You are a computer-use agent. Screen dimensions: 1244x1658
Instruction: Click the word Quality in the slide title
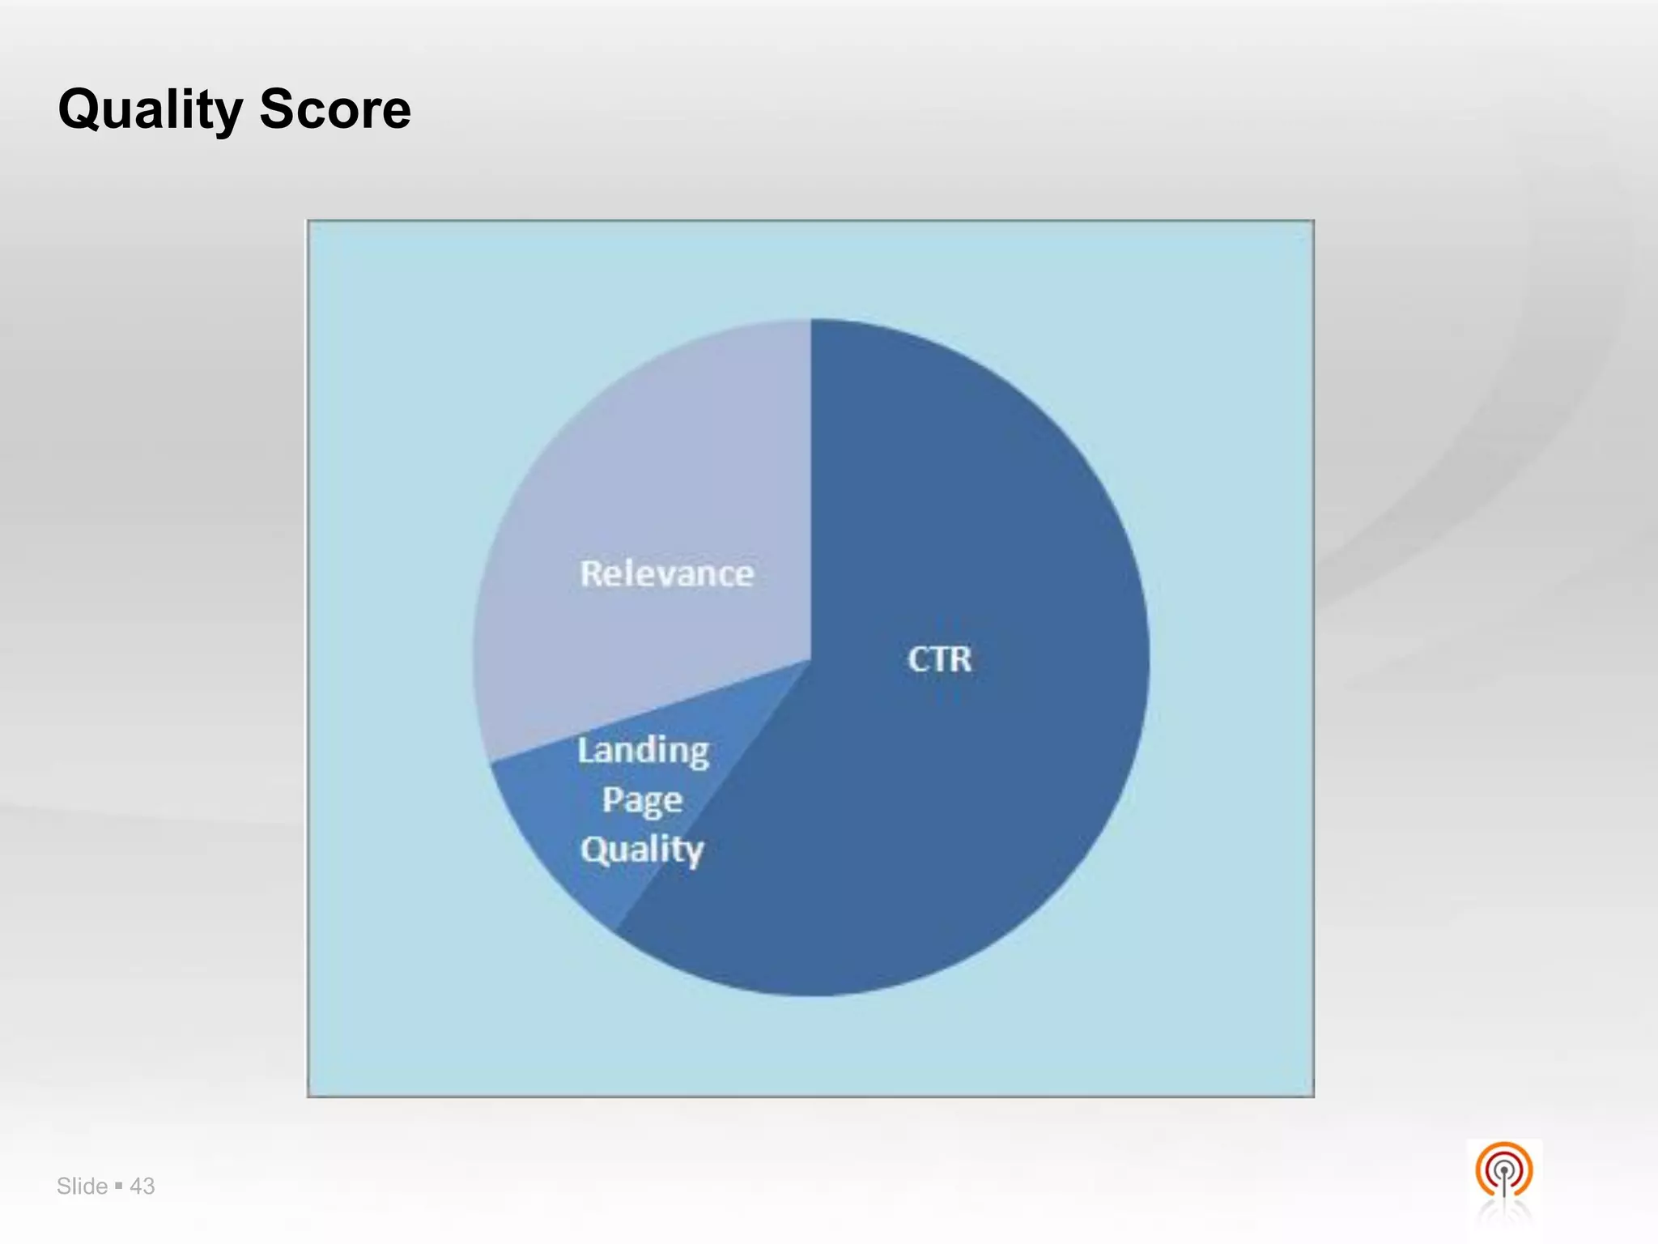pos(150,110)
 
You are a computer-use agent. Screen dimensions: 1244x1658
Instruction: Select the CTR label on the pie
pos(939,659)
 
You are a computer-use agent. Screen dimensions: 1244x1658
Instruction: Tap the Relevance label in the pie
pos(667,574)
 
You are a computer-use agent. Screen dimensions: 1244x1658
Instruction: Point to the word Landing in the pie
pos(644,752)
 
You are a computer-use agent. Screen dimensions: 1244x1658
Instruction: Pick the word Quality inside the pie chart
pos(642,850)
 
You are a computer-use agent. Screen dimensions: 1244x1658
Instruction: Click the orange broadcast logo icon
pos(1503,1171)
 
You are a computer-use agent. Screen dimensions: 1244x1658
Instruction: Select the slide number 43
pos(142,1186)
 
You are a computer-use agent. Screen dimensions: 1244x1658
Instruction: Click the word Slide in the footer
pos(82,1186)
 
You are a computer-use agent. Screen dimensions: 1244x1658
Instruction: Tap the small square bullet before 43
pos(119,1185)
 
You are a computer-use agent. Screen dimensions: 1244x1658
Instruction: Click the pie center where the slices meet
pos(810,660)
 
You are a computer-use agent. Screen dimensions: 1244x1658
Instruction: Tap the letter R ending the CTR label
pos(960,659)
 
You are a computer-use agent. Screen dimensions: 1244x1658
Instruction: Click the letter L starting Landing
pos(585,750)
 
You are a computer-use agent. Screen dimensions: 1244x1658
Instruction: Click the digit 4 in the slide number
pos(136,1186)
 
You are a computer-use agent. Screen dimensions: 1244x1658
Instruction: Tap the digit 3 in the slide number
pos(148,1186)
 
